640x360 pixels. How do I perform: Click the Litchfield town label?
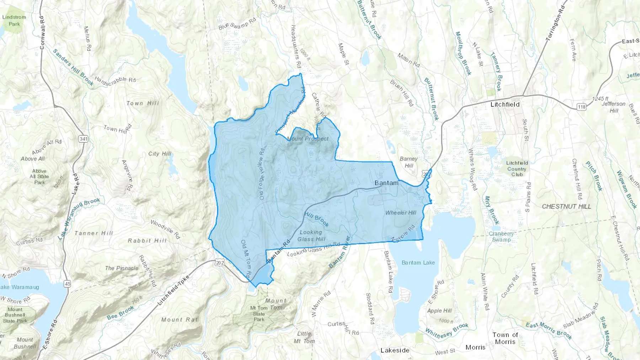[x=505, y=104]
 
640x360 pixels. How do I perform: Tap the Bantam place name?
[x=386, y=183]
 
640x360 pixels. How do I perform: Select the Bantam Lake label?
[x=418, y=263]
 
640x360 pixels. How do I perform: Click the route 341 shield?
[x=84, y=139]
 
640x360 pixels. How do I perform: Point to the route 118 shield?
[x=582, y=107]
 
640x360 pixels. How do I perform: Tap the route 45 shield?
[x=68, y=284]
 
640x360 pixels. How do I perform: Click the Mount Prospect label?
[x=308, y=139]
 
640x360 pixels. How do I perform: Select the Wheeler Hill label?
[x=401, y=213]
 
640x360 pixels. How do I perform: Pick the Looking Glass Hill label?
[x=311, y=236]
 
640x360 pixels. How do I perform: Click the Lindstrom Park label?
[x=14, y=21]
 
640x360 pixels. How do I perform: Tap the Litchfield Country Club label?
[x=517, y=168]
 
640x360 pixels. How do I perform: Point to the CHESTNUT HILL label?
[x=566, y=206]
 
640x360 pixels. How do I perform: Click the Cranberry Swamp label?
[x=501, y=237]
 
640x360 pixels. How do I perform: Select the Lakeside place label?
[x=395, y=350]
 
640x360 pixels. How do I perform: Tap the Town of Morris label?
[x=505, y=338]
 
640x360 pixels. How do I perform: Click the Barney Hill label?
[x=409, y=162]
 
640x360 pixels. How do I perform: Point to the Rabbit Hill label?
[x=147, y=241]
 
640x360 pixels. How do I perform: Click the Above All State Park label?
[x=39, y=177]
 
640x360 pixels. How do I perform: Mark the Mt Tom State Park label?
[x=259, y=313]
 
